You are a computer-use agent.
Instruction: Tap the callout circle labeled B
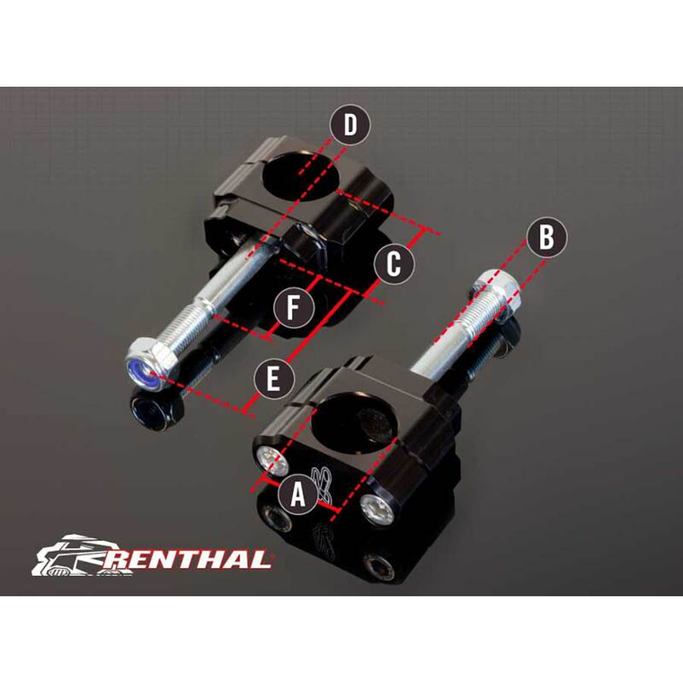pos(546,238)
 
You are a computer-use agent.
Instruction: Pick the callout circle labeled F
pos(293,310)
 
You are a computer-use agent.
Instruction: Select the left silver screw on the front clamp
pos(267,459)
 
